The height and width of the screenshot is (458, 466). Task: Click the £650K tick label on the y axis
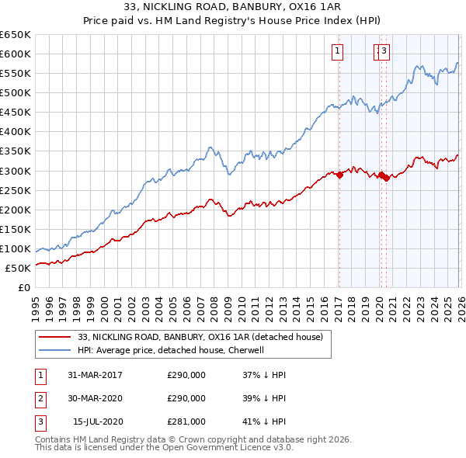click(x=16, y=35)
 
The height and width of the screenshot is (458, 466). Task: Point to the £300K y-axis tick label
click(x=16, y=171)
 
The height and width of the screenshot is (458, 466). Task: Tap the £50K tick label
click(x=19, y=268)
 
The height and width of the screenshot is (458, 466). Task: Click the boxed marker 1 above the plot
click(x=339, y=52)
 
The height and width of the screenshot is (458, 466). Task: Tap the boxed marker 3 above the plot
click(x=384, y=52)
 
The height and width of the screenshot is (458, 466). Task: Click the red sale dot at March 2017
click(x=339, y=175)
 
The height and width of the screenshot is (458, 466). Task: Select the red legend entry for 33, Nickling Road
click(x=205, y=337)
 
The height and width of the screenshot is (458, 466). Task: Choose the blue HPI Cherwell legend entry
click(x=171, y=350)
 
